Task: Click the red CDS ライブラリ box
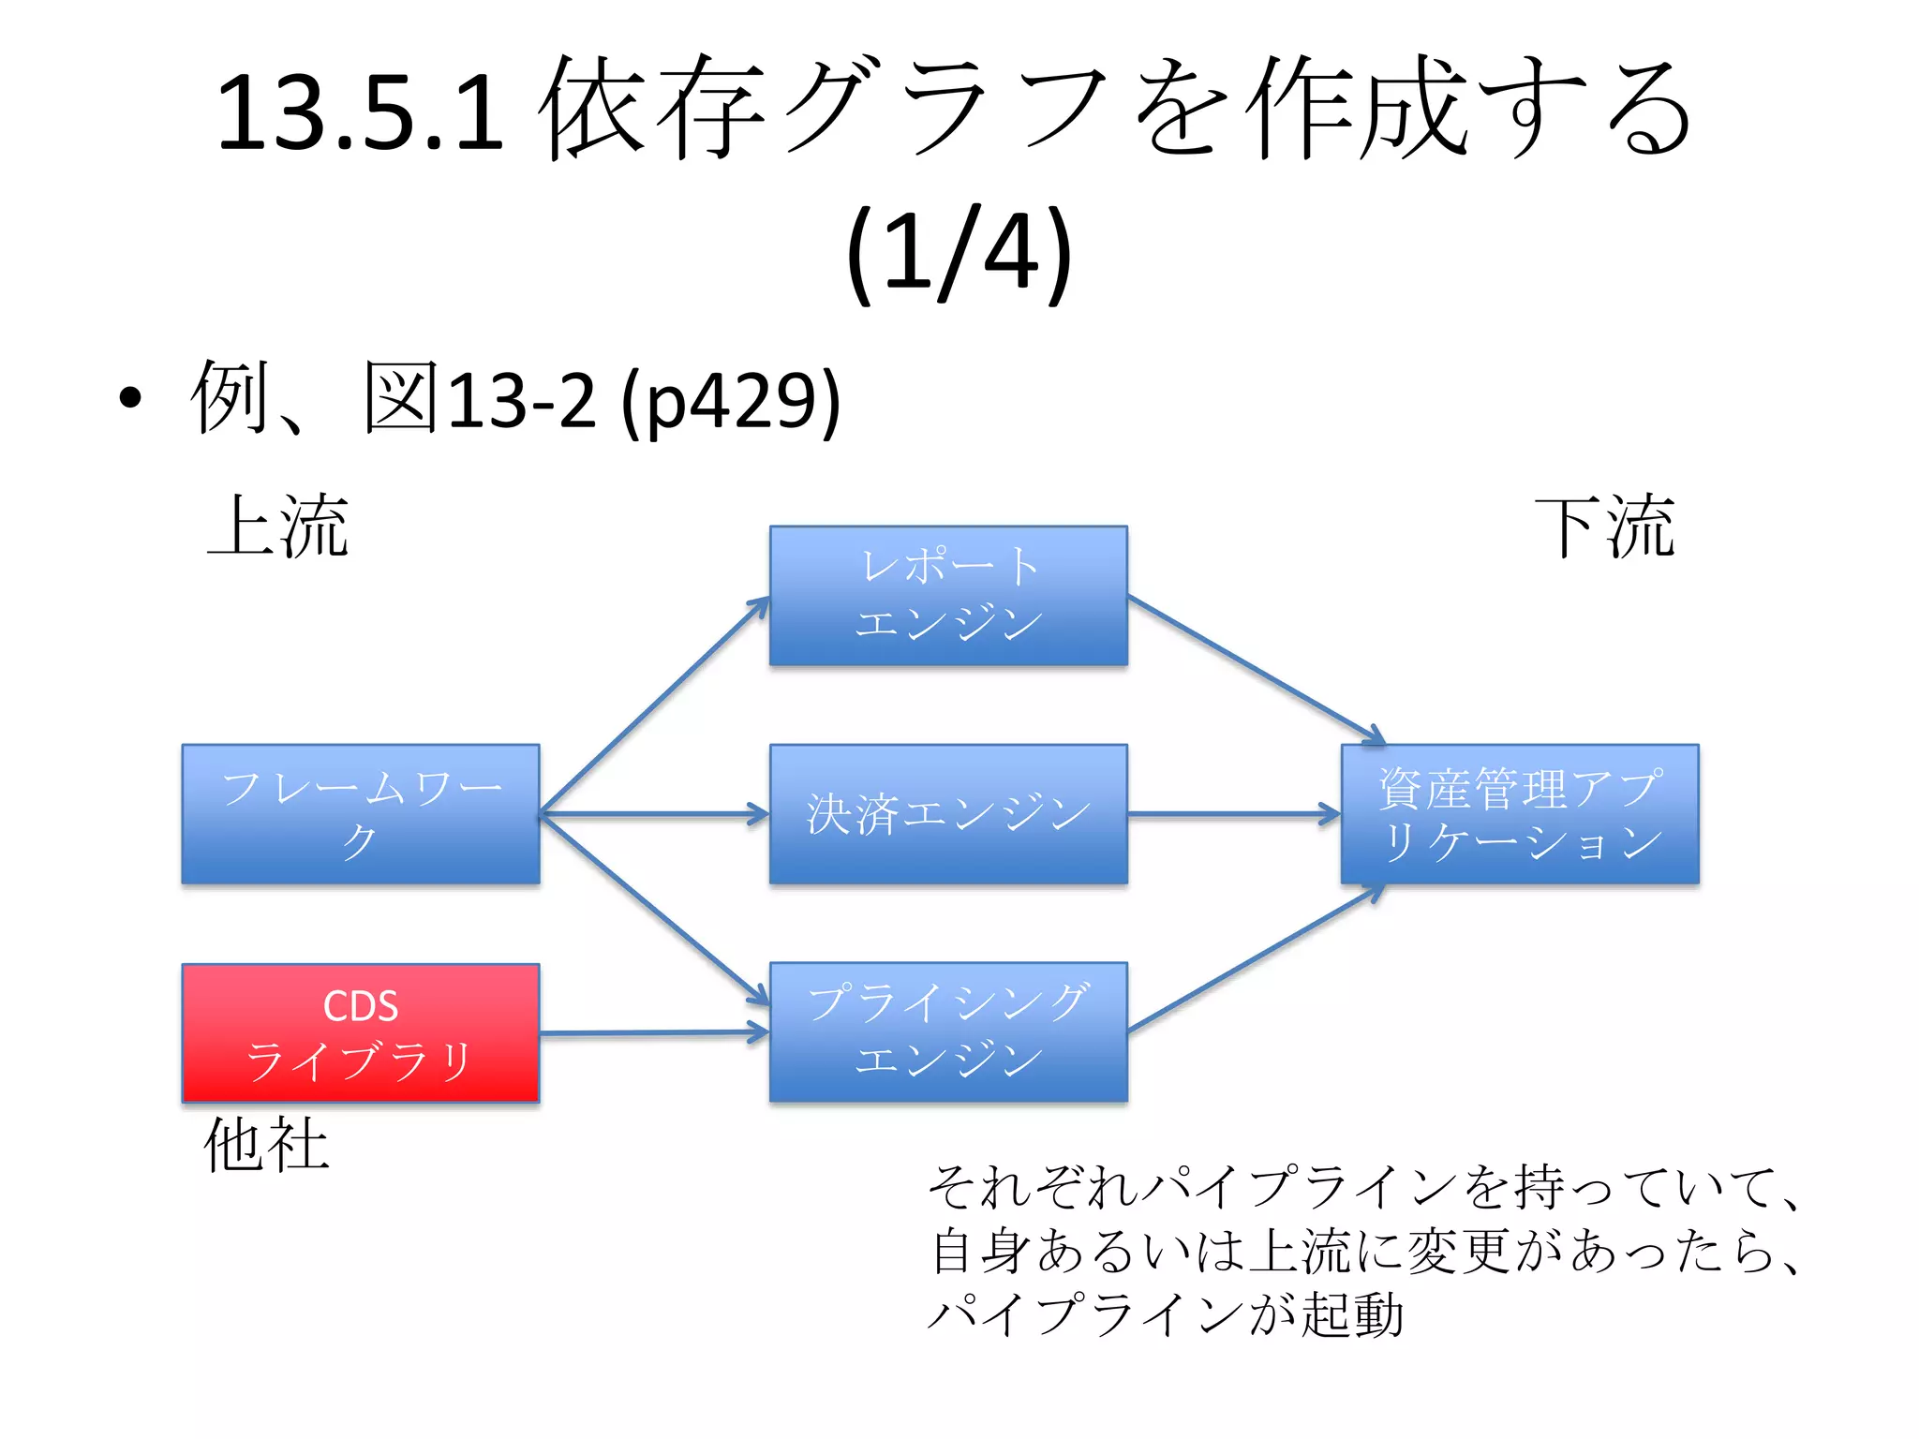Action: (361, 1032)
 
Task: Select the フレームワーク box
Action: (361, 814)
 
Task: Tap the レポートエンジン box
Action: (948, 596)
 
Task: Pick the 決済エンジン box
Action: (948, 814)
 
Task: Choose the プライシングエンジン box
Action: (948, 1032)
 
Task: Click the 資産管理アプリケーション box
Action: (1519, 814)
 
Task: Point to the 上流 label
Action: (278, 527)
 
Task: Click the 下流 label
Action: (1604, 527)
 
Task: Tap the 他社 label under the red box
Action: (267, 1144)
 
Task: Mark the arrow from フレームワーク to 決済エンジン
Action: (654, 814)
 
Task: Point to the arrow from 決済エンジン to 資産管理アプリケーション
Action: (1233, 814)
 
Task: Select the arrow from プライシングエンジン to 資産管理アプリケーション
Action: (1256, 959)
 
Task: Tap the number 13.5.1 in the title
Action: (361, 112)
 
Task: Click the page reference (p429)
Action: (731, 401)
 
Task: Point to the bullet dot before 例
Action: (131, 399)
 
